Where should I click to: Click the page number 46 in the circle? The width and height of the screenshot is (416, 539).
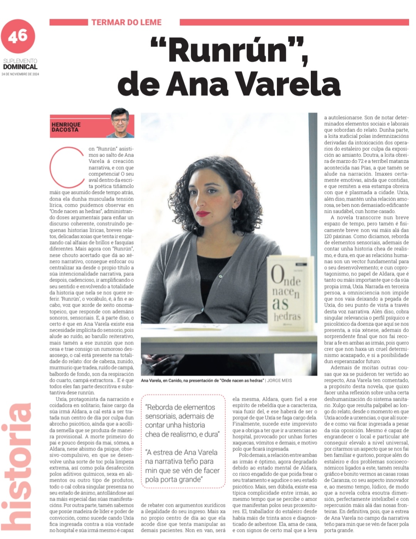[x=18, y=36]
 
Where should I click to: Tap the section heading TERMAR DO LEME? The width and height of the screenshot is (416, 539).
[x=126, y=22]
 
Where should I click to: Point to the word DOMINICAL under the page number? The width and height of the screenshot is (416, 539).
[x=20, y=67]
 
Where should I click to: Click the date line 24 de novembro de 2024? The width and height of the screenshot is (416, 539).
[x=20, y=74]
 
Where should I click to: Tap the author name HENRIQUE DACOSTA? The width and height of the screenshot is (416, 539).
[x=66, y=127]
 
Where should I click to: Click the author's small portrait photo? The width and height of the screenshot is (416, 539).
[x=120, y=123]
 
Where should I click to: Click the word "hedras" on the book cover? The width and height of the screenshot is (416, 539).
[x=287, y=317]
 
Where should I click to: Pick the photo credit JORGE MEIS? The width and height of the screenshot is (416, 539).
[x=280, y=381]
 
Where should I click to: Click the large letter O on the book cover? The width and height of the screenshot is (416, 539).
[x=278, y=275]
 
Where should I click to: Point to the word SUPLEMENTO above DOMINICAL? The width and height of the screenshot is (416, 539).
[x=20, y=61]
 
